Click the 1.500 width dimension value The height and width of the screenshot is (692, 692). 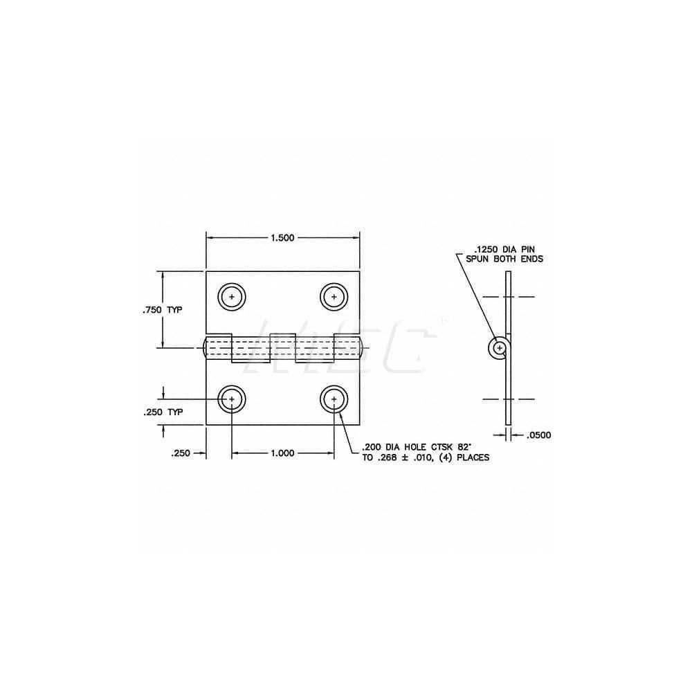point(282,238)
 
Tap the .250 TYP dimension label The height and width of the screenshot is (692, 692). point(161,412)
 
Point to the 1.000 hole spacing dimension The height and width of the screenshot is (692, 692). point(282,453)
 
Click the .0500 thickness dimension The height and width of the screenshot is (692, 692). point(538,435)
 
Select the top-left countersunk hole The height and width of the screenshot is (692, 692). point(232,297)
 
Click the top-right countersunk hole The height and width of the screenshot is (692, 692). point(334,297)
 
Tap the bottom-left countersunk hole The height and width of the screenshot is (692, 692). point(232,399)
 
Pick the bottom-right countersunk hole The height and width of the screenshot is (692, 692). point(334,399)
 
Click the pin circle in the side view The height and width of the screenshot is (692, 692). point(499,348)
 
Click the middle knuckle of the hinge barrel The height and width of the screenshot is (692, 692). point(282,348)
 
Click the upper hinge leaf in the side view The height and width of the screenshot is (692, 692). point(509,304)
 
